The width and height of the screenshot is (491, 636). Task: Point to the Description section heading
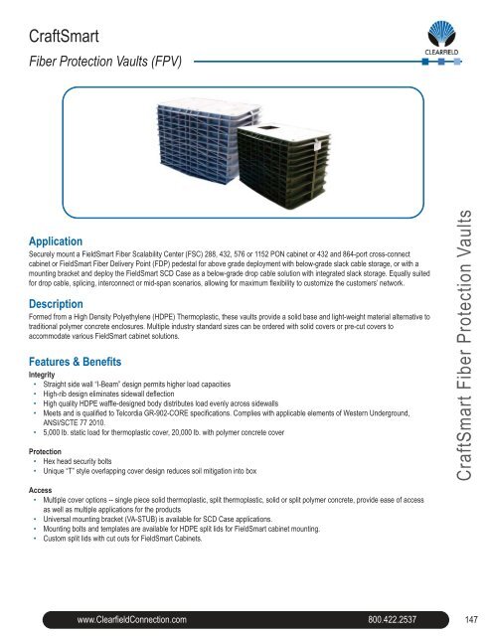(63, 302)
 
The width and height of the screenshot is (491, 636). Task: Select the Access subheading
(42, 490)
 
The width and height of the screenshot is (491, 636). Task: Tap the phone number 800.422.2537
(403, 621)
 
